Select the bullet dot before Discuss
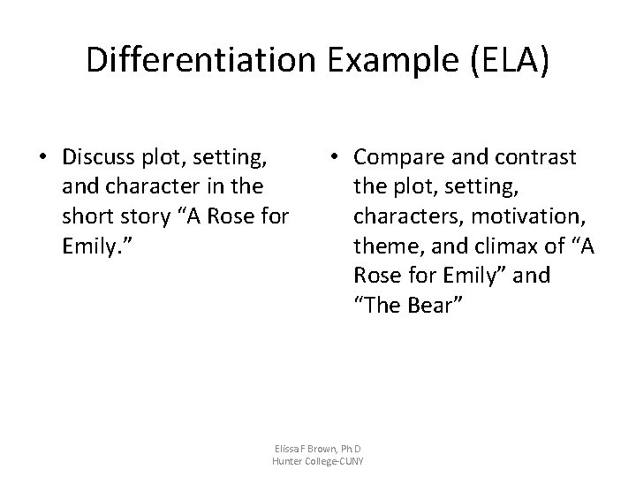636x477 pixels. click(42, 158)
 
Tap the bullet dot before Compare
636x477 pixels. click(332, 158)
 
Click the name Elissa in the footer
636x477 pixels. click(291, 449)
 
